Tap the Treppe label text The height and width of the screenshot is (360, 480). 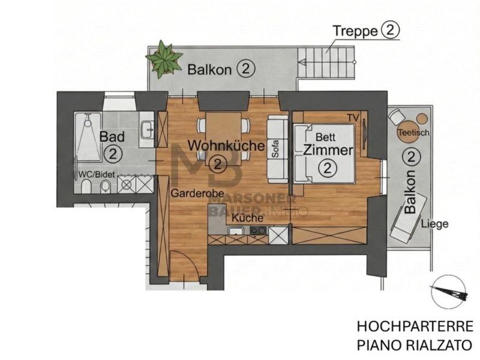(355, 31)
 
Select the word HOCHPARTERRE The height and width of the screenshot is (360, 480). (415, 326)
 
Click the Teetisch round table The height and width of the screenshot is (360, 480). (408, 132)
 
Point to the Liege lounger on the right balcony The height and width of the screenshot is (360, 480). (408, 220)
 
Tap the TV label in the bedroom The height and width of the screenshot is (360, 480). (353, 118)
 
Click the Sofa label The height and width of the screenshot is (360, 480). (275, 149)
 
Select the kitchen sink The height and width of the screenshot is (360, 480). (236, 230)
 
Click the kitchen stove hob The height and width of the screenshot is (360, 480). (259, 230)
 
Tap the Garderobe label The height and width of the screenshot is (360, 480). (197, 193)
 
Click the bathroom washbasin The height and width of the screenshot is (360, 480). (147, 130)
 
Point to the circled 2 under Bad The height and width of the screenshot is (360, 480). (113, 154)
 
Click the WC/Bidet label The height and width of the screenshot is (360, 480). (97, 175)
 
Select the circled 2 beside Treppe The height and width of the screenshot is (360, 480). (391, 31)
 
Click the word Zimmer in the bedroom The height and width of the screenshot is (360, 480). (328, 151)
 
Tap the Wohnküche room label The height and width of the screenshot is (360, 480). (226, 145)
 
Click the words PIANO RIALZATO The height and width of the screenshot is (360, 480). (415, 346)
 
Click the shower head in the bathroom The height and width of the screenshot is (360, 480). (88, 123)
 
